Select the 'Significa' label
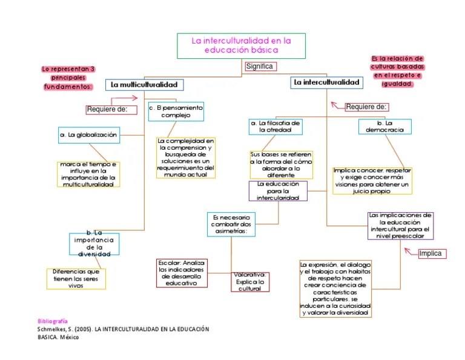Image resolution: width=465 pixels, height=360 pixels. click(x=260, y=67)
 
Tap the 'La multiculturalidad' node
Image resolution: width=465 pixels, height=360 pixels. click(x=145, y=85)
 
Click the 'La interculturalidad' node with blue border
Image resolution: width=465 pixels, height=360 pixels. click(x=326, y=82)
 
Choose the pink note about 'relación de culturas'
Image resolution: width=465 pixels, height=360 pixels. click(x=397, y=72)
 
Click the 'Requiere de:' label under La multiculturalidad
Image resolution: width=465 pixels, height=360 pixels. click(x=107, y=109)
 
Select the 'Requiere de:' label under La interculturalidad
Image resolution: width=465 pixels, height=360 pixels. click(x=366, y=107)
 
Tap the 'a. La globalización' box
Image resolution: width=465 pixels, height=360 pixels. click(x=89, y=135)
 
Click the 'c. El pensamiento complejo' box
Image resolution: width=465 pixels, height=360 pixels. click(x=176, y=111)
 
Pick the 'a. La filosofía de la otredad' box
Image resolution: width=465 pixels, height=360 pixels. click(x=275, y=126)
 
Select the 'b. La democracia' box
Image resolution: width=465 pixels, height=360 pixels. click(x=385, y=126)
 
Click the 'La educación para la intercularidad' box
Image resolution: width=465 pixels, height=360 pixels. click(x=278, y=190)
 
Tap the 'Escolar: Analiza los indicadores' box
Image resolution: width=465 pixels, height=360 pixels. click(x=182, y=272)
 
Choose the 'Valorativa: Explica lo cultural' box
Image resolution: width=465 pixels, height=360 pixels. click(x=249, y=281)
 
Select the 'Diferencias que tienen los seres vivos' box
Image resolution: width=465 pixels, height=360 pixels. click(x=76, y=278)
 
